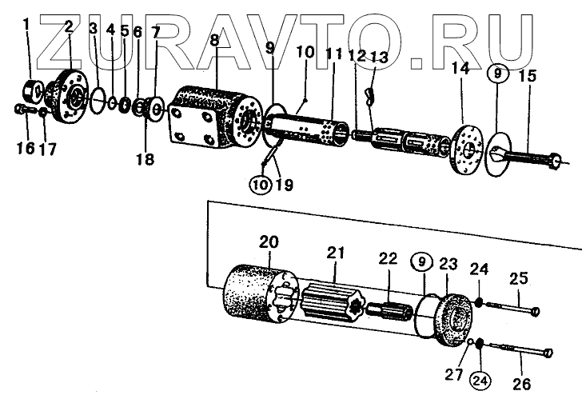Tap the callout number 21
[x=335, y=253]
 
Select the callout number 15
[x=527, y=77]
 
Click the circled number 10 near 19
[x=261, y=185]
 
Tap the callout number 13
[x=379, y=57]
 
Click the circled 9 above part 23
[x=421, y=261]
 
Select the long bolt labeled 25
[x=512, y=307]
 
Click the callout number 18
[x=144, y=160]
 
